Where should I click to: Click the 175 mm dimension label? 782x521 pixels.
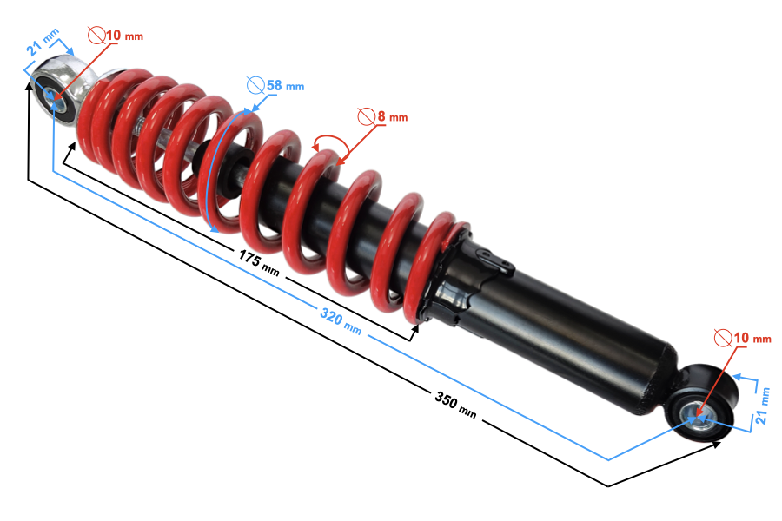[259, 261]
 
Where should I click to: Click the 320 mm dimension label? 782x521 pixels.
[341, 322]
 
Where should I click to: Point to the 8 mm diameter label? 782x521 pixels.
[386, 115]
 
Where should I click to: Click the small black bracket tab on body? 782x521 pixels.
[494, 258]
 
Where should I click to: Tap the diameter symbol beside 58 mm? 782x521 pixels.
[255, 85]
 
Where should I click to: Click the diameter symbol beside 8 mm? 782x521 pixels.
[365, 115]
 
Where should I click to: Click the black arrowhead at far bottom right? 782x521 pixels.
[718, 444]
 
